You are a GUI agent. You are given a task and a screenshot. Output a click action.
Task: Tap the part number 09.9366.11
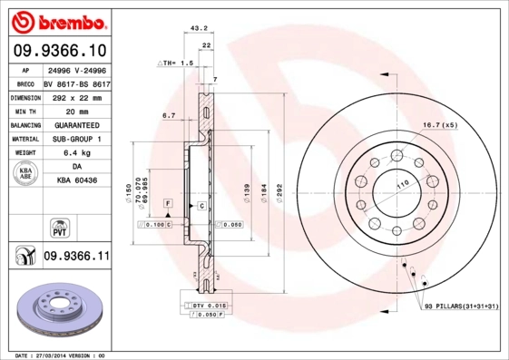coord(76,257)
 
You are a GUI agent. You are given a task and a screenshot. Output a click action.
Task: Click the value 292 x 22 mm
coord(76,97)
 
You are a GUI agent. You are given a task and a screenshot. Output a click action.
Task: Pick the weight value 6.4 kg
coord(76,153)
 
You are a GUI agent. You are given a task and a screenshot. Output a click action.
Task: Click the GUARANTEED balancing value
coord(76,125)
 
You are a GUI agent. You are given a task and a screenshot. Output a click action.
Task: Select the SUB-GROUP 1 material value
coord(76,139)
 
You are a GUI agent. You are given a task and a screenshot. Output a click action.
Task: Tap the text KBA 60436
coord(76,181)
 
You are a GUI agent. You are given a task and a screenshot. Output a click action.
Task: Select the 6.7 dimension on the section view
coord(168,116)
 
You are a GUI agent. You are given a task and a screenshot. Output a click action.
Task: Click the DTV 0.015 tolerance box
coord(208,307)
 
